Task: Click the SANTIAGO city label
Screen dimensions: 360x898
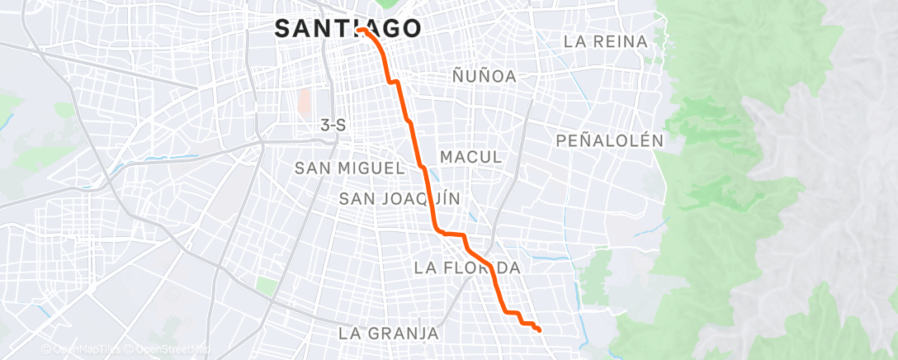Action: (347, 28)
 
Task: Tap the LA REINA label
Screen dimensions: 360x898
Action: (605, 40)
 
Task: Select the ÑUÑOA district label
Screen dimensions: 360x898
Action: (484, 76)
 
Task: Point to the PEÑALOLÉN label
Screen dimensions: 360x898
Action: (610, 140)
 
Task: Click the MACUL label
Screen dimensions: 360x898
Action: (470, 157)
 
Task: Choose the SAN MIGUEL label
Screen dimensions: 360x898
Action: (350, 168)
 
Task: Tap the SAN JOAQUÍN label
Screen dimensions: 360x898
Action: (399, 198)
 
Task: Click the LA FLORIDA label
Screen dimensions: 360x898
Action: (467, 268)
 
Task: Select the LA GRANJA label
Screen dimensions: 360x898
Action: (388, 334)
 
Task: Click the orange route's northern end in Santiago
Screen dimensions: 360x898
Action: (361, 30)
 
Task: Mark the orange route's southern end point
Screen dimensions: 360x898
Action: (539, 330)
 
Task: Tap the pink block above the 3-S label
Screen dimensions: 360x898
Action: (305, 102)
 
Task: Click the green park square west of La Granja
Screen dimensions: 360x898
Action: (266, 286)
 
